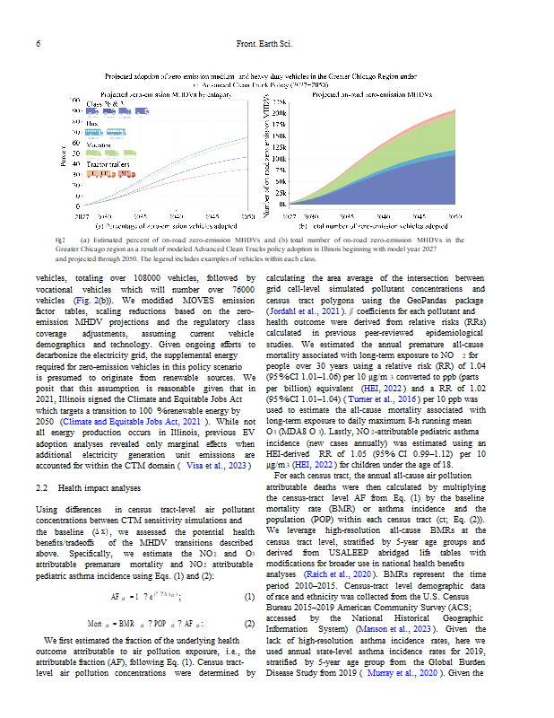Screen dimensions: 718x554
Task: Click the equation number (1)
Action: (250, 596)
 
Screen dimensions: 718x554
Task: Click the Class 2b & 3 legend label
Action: (102, 106)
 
